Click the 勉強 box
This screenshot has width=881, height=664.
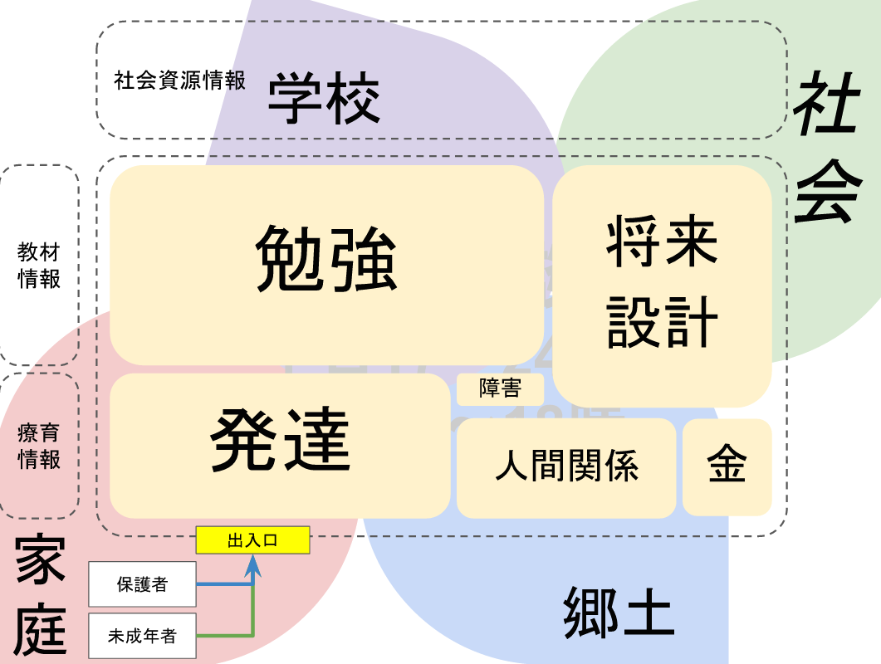326,264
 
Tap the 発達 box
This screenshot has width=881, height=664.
280,445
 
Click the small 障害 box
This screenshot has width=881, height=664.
500,388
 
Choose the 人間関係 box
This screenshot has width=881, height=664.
566,467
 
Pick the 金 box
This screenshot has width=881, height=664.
727,466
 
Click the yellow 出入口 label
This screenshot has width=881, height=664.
252,540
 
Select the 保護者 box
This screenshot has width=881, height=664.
142,584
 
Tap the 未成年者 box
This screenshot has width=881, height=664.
142,637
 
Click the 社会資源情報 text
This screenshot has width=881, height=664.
180,81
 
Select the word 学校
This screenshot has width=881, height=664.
324,99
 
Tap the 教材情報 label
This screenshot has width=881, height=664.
40,265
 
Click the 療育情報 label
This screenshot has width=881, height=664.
40,446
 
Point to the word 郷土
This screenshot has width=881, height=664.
618,612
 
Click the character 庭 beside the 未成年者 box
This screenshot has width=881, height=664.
40,631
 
